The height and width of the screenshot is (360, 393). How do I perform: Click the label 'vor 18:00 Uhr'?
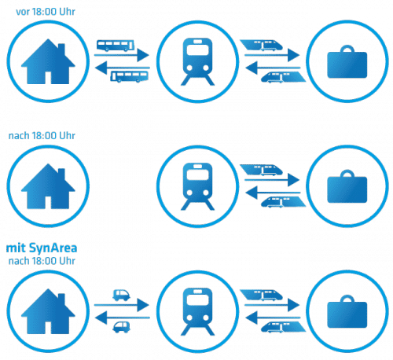[46, 12]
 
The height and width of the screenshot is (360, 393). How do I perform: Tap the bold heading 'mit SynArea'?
[42, 248]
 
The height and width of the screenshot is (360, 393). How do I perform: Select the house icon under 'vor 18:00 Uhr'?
[48, 61]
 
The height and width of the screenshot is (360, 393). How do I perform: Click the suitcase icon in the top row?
[347, 61]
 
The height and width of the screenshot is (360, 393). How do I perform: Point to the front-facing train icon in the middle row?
[197, 186]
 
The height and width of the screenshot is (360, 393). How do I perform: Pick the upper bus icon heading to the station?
[116, 46]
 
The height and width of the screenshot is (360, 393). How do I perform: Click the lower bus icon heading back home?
[129, 76]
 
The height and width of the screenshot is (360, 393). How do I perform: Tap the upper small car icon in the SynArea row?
[121, 295]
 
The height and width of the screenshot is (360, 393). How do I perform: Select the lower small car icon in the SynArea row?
[121, 327]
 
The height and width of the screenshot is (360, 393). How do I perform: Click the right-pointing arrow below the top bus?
[122, 55]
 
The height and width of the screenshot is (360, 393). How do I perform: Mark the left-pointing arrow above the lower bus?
[123, 68]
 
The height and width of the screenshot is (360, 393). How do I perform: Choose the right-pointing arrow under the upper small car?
[122, 305]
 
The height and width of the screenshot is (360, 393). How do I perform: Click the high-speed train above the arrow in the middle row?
[261, 170]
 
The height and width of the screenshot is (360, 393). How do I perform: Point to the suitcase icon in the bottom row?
[347, 311]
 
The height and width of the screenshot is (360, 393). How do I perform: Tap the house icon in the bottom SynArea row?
[48, 311]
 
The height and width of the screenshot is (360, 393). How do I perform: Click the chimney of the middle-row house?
[61, 174]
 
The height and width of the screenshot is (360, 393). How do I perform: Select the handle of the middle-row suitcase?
[347, 174]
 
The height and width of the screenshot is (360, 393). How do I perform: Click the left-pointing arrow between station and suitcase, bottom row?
[273, 318]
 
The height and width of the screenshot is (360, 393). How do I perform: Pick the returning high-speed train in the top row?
[283, 77]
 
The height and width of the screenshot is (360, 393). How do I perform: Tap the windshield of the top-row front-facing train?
[197, 50]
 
